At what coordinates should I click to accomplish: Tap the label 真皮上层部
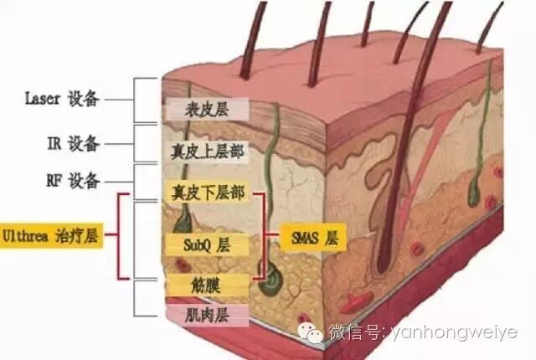pos(204,151)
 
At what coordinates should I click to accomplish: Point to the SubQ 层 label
pos(206,245)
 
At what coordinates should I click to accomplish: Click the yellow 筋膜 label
pos(206,282)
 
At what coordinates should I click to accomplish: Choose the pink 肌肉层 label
pos(206,315)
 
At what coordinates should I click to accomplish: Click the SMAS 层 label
pos(313,238)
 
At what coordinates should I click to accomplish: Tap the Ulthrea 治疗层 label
pos(50,236)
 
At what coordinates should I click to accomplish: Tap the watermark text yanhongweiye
pos(456,333)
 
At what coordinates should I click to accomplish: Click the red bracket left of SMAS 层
pos(266,238)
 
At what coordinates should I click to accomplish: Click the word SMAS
pos(302,238)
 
